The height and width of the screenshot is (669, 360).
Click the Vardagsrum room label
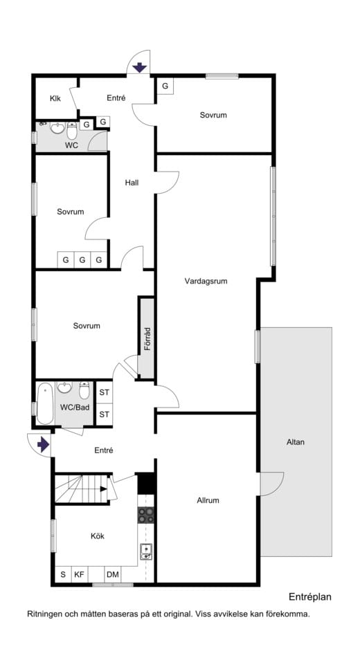point(206,282)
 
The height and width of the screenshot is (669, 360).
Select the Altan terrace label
point(295,442)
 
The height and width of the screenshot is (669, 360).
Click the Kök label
point(97,535)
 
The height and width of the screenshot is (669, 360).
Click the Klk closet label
point(55,98)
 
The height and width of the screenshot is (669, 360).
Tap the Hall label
point(132,183)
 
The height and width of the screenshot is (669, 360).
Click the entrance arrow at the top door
point(138,67)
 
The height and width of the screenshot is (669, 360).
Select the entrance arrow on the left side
point(43,445)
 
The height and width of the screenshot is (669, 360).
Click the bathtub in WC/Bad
point(45,403)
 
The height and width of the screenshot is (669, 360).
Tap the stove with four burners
point(146,514)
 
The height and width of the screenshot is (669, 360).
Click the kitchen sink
point(146,551)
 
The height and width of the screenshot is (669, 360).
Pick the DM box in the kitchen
point(112,574)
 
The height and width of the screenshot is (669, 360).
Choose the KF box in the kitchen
point(80,574)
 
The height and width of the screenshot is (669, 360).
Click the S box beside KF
point(62,574)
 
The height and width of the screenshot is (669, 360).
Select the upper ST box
point(105,392)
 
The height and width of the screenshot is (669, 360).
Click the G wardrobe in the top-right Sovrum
point(165,86)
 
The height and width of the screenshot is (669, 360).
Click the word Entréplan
point(310,596)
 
